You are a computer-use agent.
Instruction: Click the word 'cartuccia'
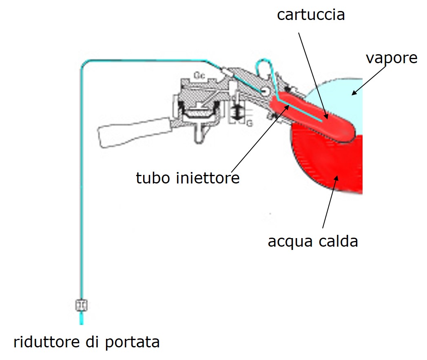click(311, 15)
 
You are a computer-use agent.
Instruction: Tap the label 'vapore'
click(391, 58)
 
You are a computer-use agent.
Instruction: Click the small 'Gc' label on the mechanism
click(199, 76)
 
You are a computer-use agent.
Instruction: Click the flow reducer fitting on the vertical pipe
click(82, 305)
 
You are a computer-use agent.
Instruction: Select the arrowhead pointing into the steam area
click(354, 93)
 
